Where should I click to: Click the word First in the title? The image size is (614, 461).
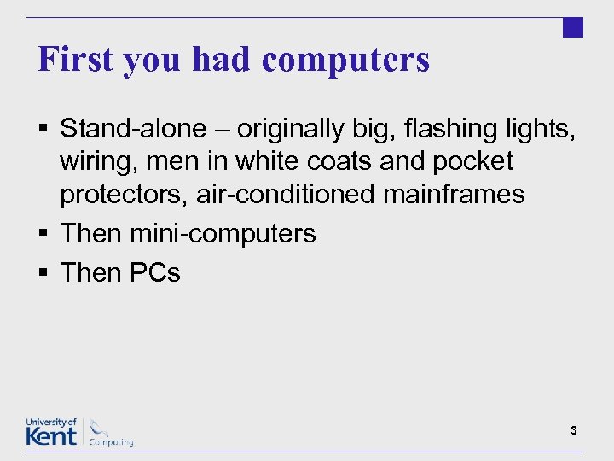[x=75, y=60]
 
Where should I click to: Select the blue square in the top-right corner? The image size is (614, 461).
[x=573, y=27]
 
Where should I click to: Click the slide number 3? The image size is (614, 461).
[x=574, y=431]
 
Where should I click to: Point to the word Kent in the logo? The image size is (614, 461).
[x=51, y=435]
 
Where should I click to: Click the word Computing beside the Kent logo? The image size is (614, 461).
[x=112, y=442]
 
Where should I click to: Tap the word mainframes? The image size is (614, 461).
[x=454, y=195]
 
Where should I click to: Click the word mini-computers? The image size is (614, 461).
[x=223, y=234]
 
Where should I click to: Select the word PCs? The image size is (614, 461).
[x=155, y=273]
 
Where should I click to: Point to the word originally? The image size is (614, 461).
[x=297, y=130]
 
